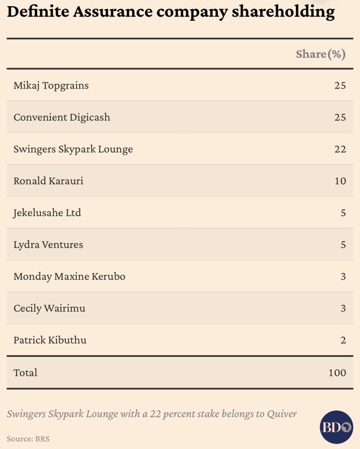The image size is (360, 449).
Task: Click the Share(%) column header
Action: pos(321,54)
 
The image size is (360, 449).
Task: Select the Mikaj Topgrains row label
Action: pos(51,86)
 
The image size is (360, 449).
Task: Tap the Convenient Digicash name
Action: pos(62,118)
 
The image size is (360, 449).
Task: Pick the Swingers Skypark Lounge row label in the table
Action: pos(73,149)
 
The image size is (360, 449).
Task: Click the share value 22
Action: pos(340,149)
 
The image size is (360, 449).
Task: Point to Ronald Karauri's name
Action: pos(48,181)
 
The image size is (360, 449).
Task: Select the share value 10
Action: pos(340,181)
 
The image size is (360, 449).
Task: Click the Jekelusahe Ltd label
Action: pos(47,213)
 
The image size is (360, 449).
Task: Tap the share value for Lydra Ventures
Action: pos(343,245)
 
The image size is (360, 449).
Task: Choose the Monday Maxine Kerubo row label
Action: pos(69,277)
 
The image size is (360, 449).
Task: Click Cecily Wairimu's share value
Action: pos(343,308)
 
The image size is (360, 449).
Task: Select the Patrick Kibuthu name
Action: pos(50,340)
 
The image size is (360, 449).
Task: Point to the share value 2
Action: pos(343,340)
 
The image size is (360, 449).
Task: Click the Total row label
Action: pos(25,373)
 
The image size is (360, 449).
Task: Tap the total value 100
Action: pos(337,373)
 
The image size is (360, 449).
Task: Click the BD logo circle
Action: pos(336,427)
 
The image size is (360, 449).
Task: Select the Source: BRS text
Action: pos(28,438)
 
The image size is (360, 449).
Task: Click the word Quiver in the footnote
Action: pos(283,413)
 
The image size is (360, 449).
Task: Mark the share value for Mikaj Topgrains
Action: pos(340,86)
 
